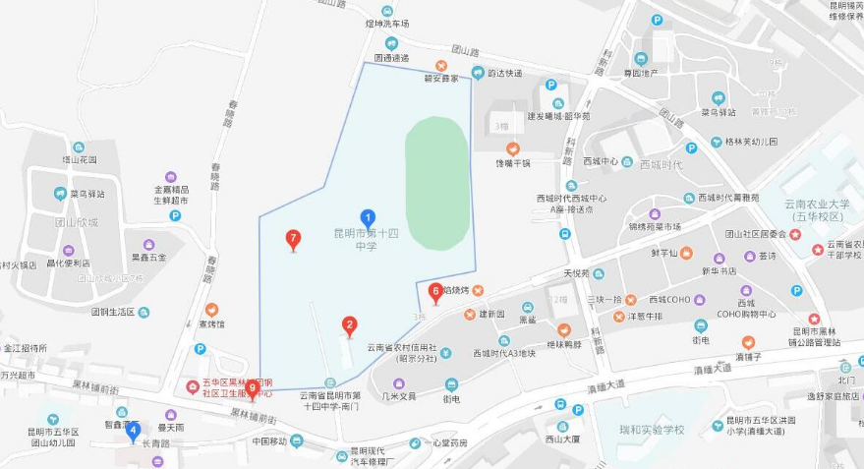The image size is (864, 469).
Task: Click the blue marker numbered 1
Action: [368, 218]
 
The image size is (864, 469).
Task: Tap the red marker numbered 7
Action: [292, 239]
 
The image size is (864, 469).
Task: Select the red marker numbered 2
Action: [349, 325]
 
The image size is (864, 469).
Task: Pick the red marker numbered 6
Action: [435, 291]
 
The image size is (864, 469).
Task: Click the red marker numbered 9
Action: [253, 389]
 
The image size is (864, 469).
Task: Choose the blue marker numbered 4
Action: [133, 430]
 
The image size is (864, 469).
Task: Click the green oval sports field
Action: [436, 184]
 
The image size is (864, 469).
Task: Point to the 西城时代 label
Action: [660, 164]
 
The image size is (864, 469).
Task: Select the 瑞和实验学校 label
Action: [652, 430]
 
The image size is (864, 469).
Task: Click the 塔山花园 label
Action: [80, 159]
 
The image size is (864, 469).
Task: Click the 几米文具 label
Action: [399, 396]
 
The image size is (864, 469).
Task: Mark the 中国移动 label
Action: [268, 440]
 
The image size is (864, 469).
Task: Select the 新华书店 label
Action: [719, 270]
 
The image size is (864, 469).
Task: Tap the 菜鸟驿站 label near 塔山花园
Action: [87, 194]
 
